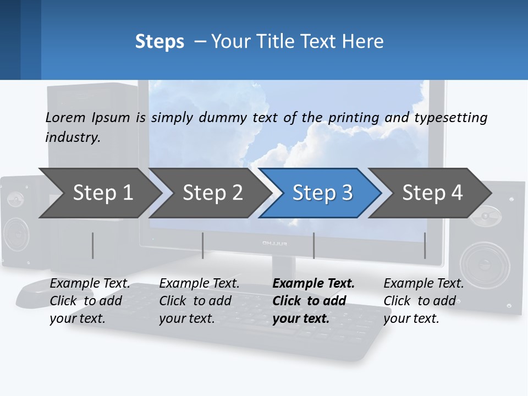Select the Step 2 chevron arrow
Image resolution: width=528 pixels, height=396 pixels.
(x=212, y=193)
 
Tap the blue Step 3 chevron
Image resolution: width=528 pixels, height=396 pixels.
(x=322, y=193)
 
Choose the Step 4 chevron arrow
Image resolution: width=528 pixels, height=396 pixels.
(x=432, y=193)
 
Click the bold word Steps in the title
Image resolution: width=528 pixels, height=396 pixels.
(x=159, y=41)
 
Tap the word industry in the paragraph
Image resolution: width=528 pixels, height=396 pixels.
(x=72, y=137)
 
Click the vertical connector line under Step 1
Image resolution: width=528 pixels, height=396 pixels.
(x=93, y=245)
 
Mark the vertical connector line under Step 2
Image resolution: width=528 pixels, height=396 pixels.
(x=203, y=245)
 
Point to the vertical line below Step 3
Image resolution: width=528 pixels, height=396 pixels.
(x=313, y=245)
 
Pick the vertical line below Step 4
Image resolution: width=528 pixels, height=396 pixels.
(x=425, y=245)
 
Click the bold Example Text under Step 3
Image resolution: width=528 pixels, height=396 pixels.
(x=313, y=284)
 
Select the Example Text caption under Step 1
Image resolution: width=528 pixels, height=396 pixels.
(x=90, y=284)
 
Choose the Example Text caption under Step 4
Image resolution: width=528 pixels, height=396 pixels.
(x=424, y=284)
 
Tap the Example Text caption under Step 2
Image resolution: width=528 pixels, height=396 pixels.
(x=199, y=284)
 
